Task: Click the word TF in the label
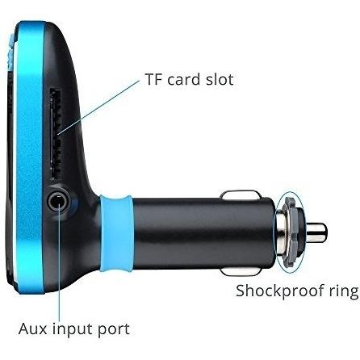coord(153,79)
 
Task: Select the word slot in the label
coord(220,79)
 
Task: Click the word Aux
coord(32,329)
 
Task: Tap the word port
coord(114,330)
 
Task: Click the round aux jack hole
coord(59,201)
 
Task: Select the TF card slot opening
coord(55,134)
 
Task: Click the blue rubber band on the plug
coord(116,233)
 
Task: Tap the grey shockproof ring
coord(291,232)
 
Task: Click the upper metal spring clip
coord(241,195)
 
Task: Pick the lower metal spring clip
coord(241,271)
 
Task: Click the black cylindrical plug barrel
coord(203,232)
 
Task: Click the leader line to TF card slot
coord(98,107)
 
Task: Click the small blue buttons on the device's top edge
coord(10,51)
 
